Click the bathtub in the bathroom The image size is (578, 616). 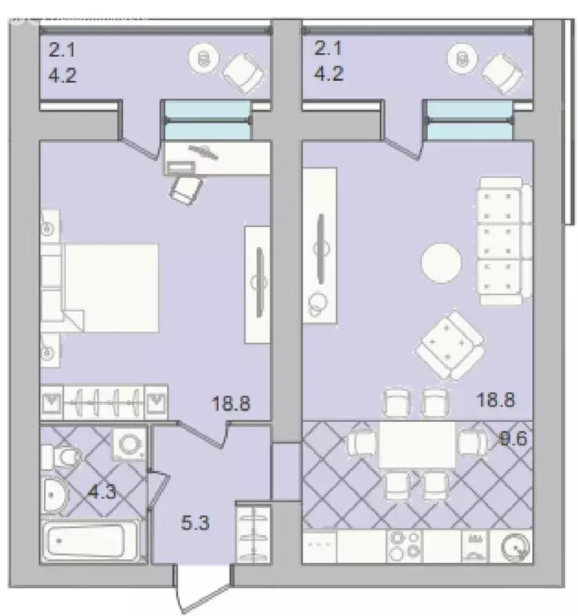point(92,544)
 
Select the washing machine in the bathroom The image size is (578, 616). point(129,444)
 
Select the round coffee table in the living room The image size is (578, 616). point(442,261)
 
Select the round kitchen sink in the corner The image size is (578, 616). point(515,548)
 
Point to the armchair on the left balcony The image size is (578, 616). point(242,71)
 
